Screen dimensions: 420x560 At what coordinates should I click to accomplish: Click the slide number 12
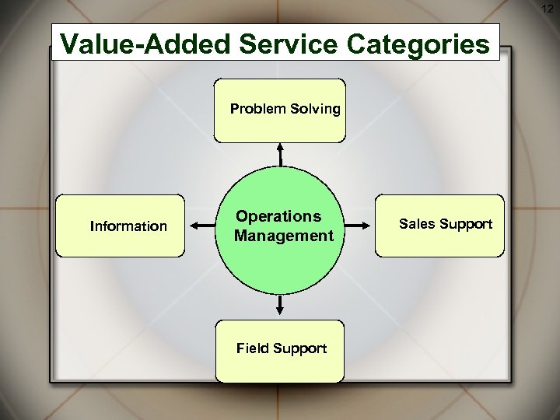(x=548, y=8)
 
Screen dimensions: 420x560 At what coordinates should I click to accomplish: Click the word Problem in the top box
(x=257, y=109)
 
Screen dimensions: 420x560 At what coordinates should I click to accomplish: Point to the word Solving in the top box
(x=315, y=109)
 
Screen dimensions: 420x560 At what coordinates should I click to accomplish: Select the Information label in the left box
(x=128, y=226)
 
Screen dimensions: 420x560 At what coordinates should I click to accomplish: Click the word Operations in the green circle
(x=278, y=216)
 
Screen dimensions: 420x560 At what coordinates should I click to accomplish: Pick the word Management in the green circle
(x=284, y=236)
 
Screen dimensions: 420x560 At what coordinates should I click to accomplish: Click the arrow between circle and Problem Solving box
(x=281, y=155)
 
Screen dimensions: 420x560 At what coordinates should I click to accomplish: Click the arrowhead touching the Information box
(x=192, y=226)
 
